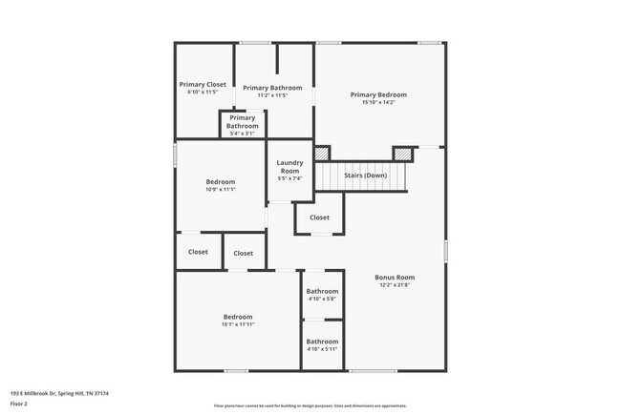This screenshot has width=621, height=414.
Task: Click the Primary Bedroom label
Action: pos(378,94)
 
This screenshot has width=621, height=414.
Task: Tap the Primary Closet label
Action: pos(203,84)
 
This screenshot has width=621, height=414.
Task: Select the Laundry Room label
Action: pos(289,167)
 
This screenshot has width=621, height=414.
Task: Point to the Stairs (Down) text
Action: pos(365,176)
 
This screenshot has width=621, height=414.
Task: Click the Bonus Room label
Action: pos(395,278)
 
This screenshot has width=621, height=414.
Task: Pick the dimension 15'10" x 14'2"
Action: pos(378,103)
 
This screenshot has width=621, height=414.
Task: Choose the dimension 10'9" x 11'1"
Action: pos(221,190)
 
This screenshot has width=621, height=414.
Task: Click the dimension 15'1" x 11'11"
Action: pos(238,324)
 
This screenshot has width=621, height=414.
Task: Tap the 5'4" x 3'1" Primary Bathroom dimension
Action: pos(242,134)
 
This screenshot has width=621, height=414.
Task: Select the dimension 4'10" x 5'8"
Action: pos(322,299)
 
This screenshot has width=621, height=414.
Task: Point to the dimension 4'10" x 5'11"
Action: pos(322,349)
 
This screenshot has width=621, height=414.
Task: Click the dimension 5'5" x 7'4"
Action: pos(289,179)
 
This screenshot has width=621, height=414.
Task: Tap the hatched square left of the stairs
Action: pos(322,153)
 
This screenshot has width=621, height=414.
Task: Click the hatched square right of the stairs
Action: pos(405,153)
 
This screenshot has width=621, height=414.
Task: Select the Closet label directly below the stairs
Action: pos(319,217)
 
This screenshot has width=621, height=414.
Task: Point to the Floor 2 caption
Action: pos(20,404)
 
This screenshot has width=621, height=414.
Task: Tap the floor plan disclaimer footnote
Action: pos(310,405)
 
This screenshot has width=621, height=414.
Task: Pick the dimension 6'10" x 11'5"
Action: pos(203,93)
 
